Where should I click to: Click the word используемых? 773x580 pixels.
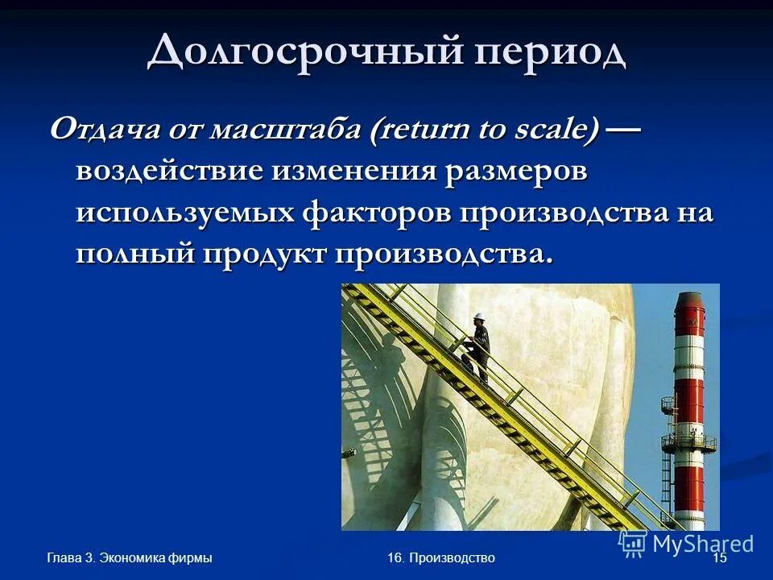(184, 213)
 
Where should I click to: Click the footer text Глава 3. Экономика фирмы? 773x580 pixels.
(130, 558)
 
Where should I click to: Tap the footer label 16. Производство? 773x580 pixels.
(440, 558)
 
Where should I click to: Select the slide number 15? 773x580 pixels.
(720, 558)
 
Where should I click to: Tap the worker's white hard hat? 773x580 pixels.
(479, 315)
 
